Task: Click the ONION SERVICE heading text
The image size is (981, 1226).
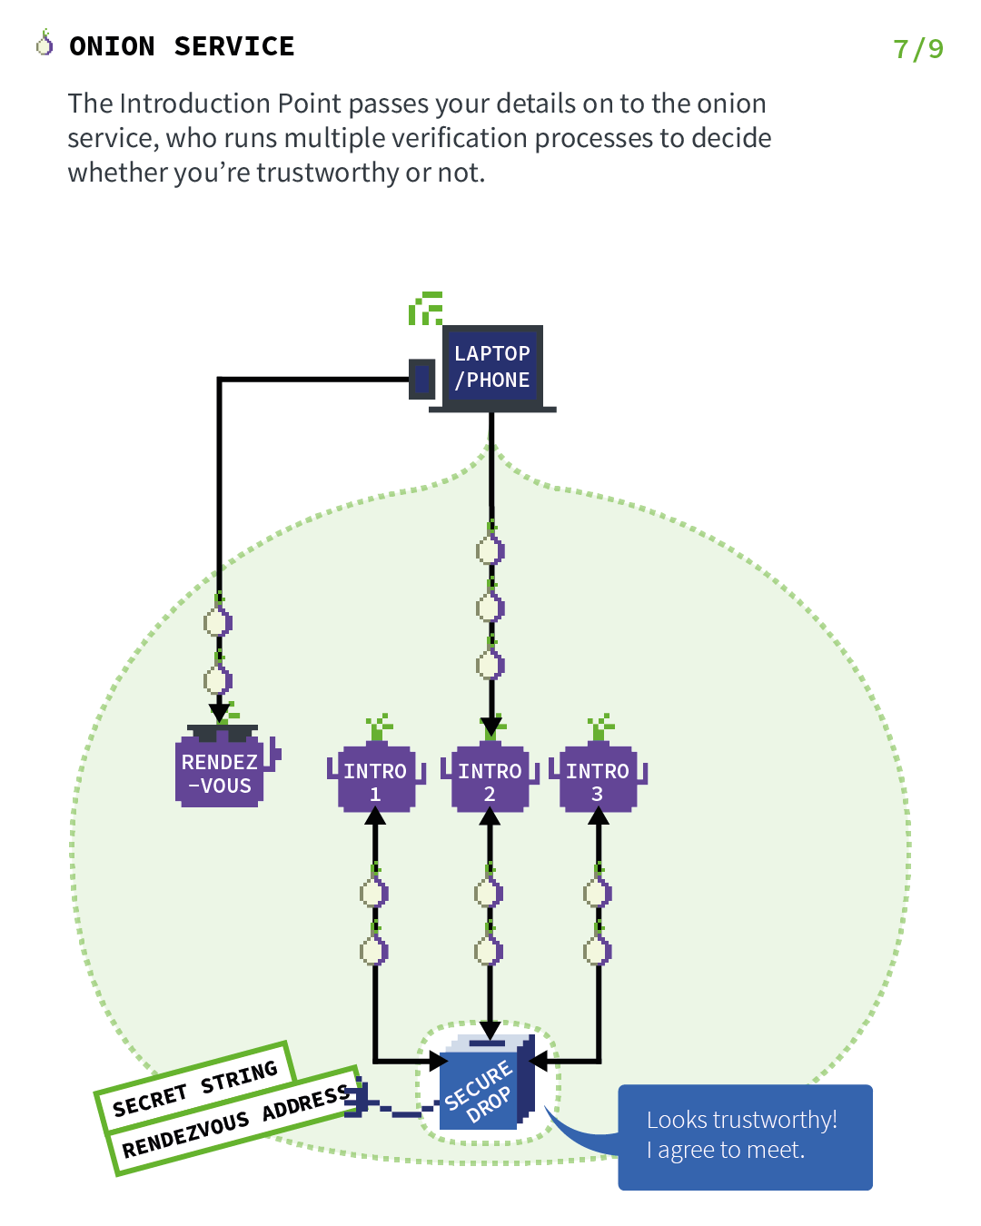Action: (182, 46)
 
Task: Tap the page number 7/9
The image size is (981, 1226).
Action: (917, 49)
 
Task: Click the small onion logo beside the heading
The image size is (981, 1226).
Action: (45, 43)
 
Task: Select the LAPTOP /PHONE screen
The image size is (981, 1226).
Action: (491, 367)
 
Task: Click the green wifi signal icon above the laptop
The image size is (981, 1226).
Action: (425, 310)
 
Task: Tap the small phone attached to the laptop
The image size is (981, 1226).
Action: (421, 379)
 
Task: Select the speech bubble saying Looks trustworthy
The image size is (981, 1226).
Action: (745, 1135)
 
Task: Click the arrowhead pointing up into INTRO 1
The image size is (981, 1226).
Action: (375, 816)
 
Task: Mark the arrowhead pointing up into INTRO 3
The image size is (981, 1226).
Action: (598, 816)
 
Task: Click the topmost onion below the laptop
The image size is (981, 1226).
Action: (490, 549)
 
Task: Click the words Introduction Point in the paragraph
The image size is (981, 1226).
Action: (232, 104)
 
